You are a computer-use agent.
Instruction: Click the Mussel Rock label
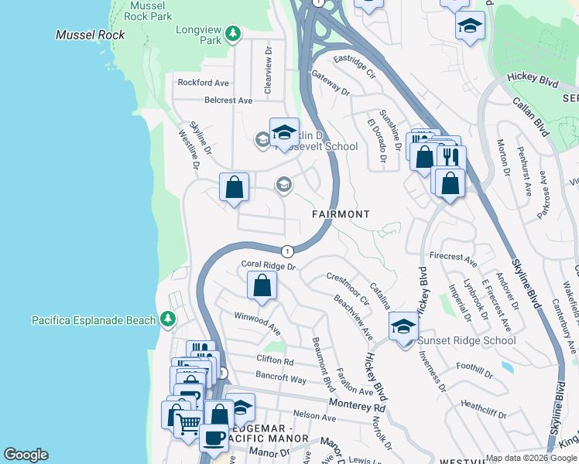coord(84,36)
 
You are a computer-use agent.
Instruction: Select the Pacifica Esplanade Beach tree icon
coord(167,319)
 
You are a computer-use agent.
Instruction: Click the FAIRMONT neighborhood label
coord(341,213)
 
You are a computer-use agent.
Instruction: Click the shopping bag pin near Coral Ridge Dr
coord(262,285)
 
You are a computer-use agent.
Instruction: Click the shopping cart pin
coord(188,425)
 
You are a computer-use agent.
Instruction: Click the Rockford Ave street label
coord(204,83)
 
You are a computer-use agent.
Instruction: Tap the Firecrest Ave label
coord(452,256)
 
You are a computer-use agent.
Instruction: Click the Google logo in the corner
coord(26,455)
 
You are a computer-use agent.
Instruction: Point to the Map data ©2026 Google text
coord(531,458)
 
